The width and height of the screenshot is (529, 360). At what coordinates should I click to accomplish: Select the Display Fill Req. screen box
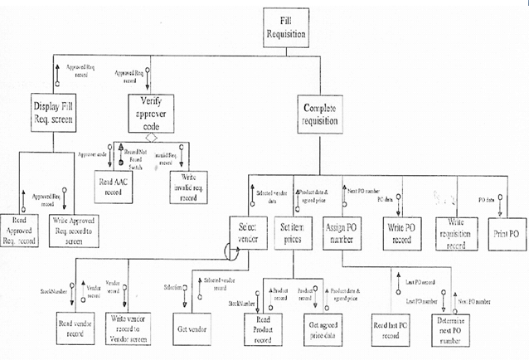(55, 114)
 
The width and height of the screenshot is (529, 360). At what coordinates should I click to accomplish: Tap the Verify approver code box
(150, 114)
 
